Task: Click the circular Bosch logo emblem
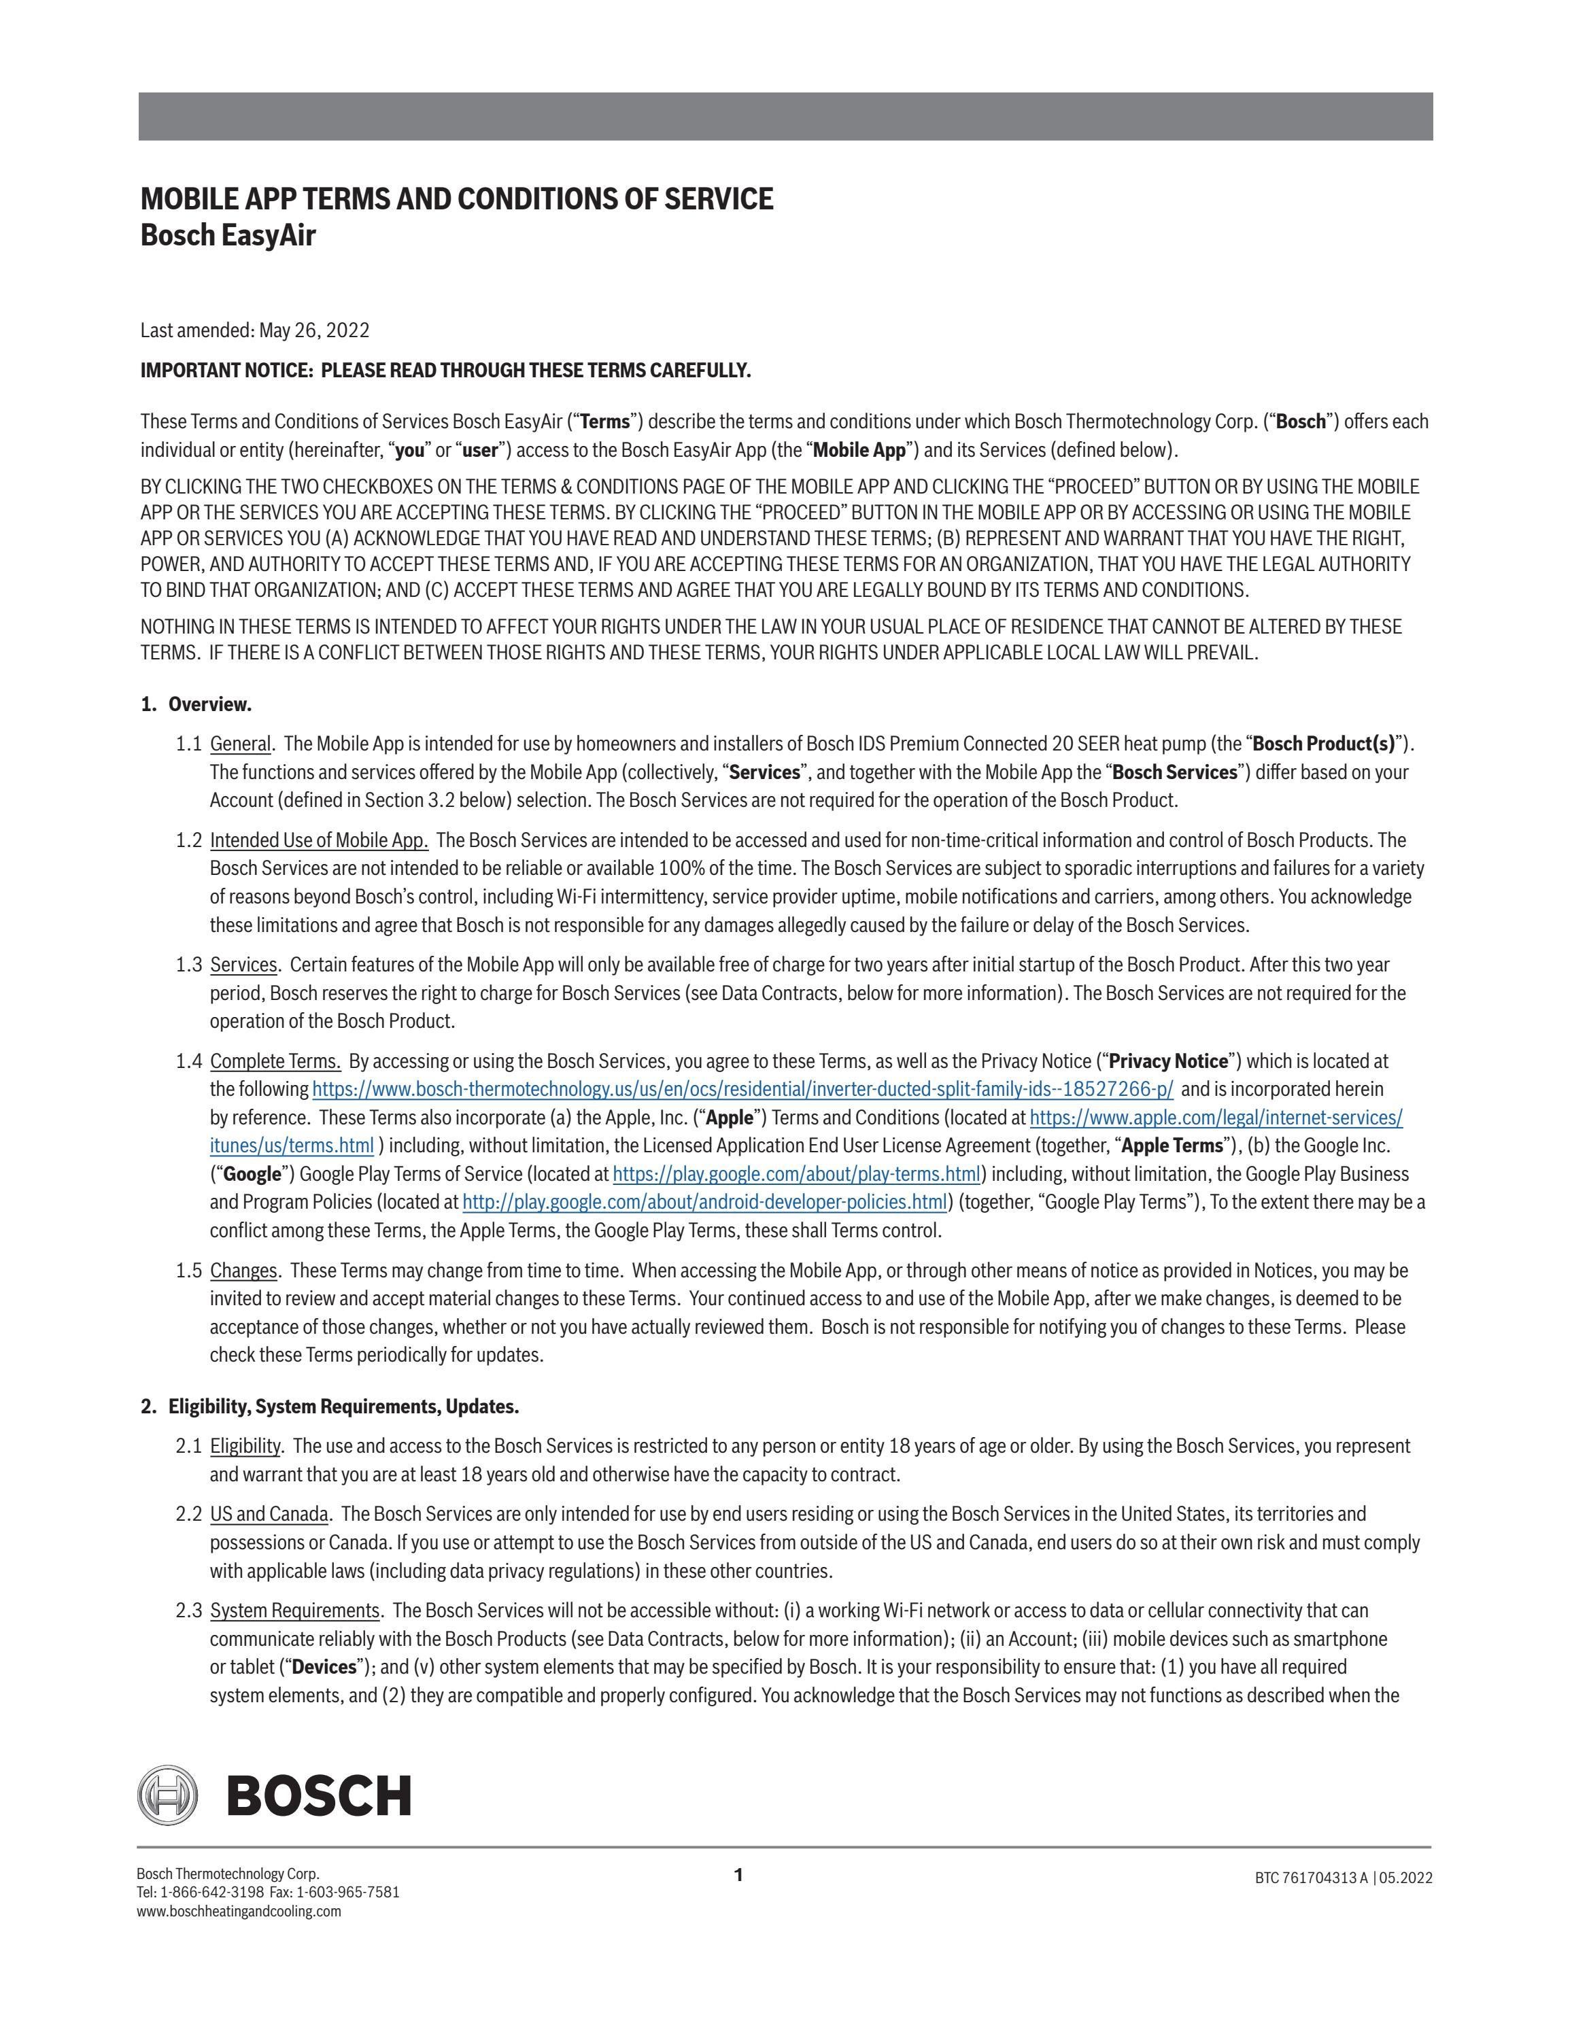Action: tap(168, 1794)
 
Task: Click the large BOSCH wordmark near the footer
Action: tap(318, 1795)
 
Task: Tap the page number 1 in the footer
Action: tap(738, 1875)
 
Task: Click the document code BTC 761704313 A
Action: tap(1311, 1878)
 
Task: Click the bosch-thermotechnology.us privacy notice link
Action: tap(742, 1088)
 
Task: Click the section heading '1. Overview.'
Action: tap(196, 704)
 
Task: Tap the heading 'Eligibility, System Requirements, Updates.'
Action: tap(343, 1407)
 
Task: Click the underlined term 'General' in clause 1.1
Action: tap(240, 744)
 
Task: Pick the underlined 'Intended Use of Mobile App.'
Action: tap(318, 840)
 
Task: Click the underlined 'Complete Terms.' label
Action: tap(275, 1061)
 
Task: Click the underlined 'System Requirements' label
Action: tap(294, 1610)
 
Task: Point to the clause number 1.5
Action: tap(188, 1271)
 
